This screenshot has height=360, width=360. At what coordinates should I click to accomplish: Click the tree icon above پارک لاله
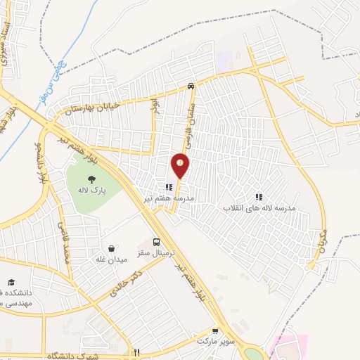pos(91,179)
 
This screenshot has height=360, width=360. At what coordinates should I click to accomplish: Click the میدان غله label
pos(112,259)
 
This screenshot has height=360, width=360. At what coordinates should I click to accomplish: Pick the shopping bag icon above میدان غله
pos(112,248)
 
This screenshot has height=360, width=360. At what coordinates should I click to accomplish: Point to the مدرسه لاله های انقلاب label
pos(259,208)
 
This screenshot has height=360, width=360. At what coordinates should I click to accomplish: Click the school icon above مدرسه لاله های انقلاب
pos(259,198)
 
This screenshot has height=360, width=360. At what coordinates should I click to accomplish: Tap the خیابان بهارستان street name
pos(93,106)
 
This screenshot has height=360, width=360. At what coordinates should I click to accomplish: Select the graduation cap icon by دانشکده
pos(11,281)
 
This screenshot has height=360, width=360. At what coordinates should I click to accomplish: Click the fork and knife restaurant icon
pos(138,352)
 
